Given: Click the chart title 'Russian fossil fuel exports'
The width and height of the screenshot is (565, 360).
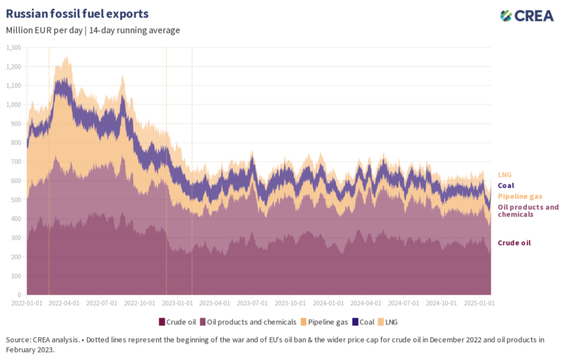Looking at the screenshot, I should pyautogui.click(x=77, y=14).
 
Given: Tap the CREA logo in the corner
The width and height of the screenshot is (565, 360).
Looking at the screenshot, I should pyautogui.click(x=527, y=15).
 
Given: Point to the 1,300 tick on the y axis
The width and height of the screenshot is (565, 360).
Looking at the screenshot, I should pyautogui.click(x=13, y=48).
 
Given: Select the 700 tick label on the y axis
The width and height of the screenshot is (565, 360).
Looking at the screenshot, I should pyautogui.click(x=15, y=162).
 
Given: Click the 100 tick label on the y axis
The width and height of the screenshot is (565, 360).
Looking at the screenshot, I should pyautogui.click(x=15, y=276).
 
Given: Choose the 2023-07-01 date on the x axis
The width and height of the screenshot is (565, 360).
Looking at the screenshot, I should pyautogui.click(x=253, y=303).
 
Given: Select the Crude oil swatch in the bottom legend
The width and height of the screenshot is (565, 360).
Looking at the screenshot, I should pyautogui.click(x=162, y=322).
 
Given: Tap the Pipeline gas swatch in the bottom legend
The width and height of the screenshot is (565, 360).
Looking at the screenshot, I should pyautogui.click(x=303, y=322).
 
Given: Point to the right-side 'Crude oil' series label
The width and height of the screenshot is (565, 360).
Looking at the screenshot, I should pyautogui.click(x=514, y=243).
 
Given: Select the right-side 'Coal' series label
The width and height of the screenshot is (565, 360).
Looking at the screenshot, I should pyautogui.click(x=506, y=186).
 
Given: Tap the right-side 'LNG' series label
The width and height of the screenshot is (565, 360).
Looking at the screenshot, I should pyautogui.click(x=505, y=174).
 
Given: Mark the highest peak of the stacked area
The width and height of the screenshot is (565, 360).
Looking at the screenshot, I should pyautogui.click(x=68, y=57).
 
